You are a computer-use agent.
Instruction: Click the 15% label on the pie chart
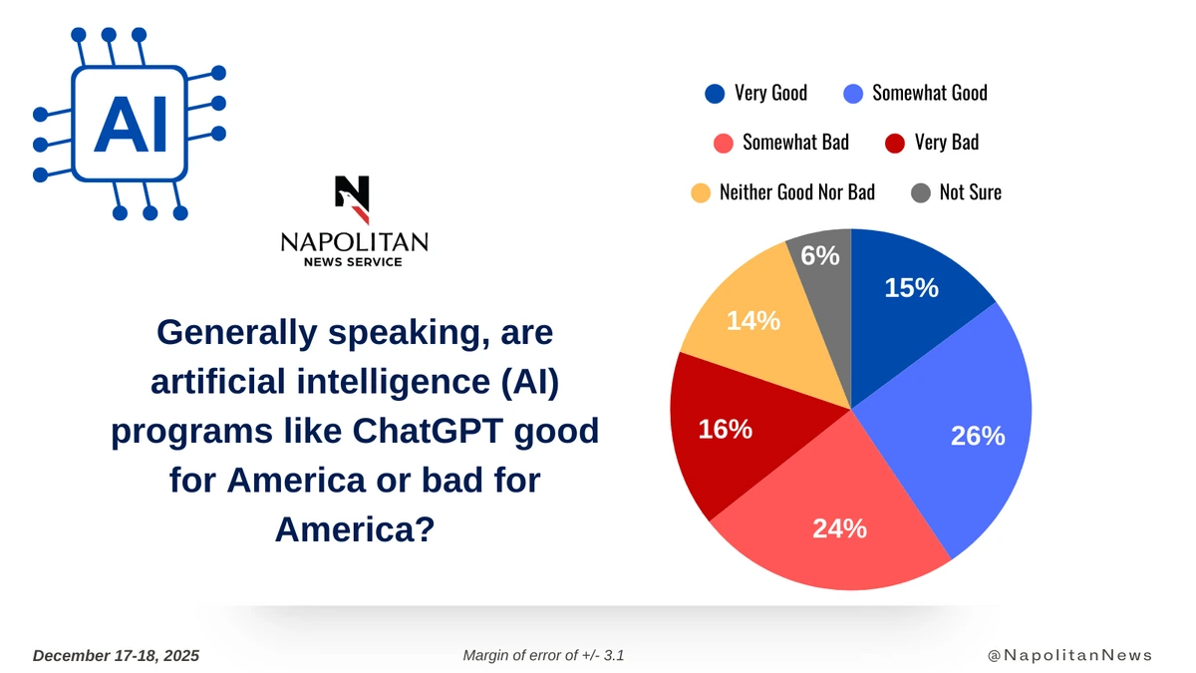point(911,288)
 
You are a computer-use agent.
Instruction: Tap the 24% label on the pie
point(838,528)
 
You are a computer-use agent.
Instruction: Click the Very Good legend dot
point(715,94)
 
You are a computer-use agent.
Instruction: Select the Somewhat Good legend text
point(929,93)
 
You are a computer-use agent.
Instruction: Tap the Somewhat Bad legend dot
point(725,143)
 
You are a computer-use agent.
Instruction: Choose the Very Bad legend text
point(946,142)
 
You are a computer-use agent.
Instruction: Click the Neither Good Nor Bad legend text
point(796,191)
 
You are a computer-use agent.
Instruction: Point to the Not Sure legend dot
point(922,192)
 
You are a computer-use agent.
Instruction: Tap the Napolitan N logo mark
point(353,198)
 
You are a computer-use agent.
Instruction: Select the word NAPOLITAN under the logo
point(354,242)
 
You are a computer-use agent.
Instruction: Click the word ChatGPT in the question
point(433,432)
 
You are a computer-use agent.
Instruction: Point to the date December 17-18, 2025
point(117,655)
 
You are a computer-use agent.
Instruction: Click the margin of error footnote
point(543,655)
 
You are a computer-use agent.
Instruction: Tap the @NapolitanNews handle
point(1069,655)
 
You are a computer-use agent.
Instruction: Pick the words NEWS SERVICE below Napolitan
point(353,262)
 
